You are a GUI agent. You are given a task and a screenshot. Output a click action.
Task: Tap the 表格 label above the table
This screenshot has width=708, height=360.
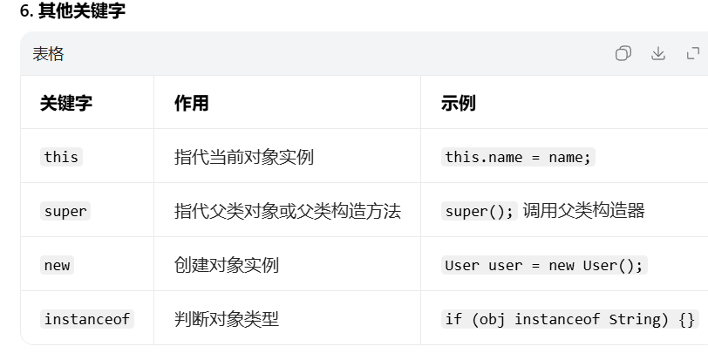pos(48,54)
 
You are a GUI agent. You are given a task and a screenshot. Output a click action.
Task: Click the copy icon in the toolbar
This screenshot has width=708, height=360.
pos(623,54)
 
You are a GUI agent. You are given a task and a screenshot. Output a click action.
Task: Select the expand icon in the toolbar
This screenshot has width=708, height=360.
pos(694,54)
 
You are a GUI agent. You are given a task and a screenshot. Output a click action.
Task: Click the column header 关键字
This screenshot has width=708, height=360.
pos(66,103)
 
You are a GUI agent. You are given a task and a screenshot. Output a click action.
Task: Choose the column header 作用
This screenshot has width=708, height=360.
pos(192,103)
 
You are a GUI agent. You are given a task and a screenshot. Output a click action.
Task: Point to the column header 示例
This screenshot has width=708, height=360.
pos(459,103)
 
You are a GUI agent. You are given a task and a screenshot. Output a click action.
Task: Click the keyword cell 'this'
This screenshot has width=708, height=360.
pos(61,157)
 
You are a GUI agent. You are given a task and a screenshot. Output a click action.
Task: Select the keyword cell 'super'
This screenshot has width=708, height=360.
pos(65,211)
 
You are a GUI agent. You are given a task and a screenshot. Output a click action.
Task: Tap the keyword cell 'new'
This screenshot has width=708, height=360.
pos(57,265)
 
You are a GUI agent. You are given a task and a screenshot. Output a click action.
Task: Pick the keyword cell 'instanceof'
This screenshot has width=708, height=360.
pos(87,319)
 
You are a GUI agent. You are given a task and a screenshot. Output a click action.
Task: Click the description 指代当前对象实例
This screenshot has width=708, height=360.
pos(244,157)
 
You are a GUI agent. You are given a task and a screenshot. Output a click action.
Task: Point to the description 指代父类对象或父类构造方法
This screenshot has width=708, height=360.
pos(288,211)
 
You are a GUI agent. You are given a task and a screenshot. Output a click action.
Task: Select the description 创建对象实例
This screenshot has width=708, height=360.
pos(227,265)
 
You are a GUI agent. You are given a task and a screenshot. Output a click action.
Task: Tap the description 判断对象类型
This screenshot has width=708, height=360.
pos(227,319)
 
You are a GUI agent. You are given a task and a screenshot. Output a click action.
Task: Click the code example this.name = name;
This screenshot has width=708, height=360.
pos(518,157)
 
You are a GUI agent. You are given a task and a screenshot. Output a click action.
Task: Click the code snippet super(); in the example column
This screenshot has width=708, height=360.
pos(480,211)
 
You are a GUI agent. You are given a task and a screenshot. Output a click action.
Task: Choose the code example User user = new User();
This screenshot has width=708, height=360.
pos(544,265)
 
